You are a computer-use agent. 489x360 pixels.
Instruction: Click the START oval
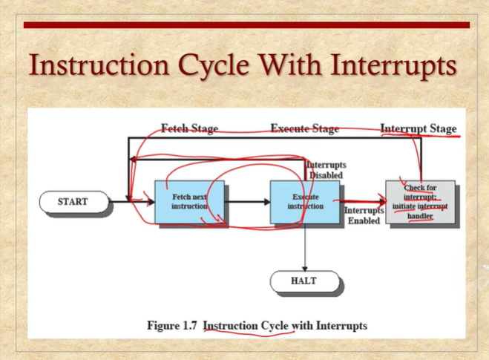(x=73, y=201)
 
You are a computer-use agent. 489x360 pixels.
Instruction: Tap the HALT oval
(x=304, y=281)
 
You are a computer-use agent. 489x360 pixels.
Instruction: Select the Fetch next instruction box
(x=189, y=201)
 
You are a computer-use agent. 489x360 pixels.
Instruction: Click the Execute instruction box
(x=305, y=201)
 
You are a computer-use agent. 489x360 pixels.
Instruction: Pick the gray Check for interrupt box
(x=420, y=200)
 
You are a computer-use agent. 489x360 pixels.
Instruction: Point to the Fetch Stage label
(x=189, y=128)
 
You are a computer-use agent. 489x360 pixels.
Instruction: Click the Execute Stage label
(x=304, y=128)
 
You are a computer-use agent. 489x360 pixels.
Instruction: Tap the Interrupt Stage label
(x=418, y=128)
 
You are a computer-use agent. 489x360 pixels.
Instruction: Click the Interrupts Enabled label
(x=364, y=216)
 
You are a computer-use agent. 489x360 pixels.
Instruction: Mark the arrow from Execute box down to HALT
(x=305, y=249)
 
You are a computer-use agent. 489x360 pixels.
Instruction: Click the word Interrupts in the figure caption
(x=341, y=325)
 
